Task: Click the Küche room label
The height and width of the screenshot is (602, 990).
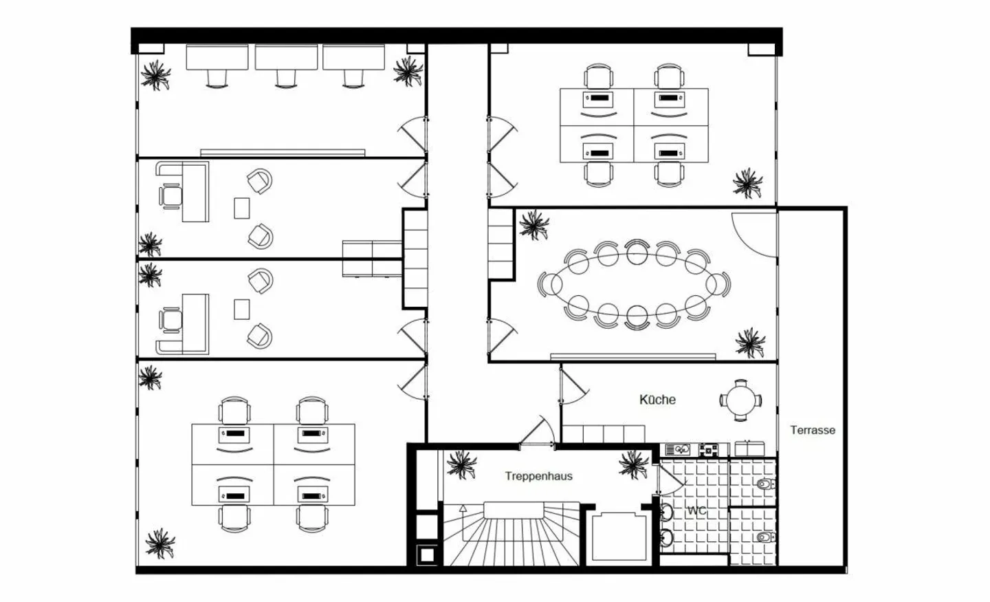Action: click(x=657, y=400)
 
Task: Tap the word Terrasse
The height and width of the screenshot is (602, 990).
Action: click(x=813, y=430)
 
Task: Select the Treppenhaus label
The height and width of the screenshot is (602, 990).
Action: click(x=539, y=476)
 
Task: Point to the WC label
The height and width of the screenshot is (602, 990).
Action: click(x=697, y=510)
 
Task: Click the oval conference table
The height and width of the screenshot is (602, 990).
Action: click(x=633, y=284)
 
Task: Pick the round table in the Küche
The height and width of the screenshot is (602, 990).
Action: click(x=740, y=400)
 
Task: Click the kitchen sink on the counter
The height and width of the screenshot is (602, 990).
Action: click(x=678, y=450)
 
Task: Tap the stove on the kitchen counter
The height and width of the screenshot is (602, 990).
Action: click(x=708, y=450)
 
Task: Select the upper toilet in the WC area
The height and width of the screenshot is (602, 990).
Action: click(x=765, y=484)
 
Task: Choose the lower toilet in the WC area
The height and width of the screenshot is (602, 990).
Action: click(x=765, y=537)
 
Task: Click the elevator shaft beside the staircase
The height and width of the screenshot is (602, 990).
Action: click(x=619, y=537)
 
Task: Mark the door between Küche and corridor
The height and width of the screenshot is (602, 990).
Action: click(x=573, y=386)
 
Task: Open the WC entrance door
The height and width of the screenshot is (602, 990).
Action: click(x=671, y=480)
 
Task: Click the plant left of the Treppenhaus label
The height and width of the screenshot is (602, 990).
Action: click(x=461, y=465)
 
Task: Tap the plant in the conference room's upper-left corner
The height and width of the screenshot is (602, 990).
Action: click(x=534, y=225)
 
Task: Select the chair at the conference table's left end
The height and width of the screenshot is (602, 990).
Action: click(x=548, y=284)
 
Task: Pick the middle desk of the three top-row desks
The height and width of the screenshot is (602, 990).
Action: click(x=287, y=58)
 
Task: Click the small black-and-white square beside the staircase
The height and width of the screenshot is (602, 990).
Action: click(x=427, y=555)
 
